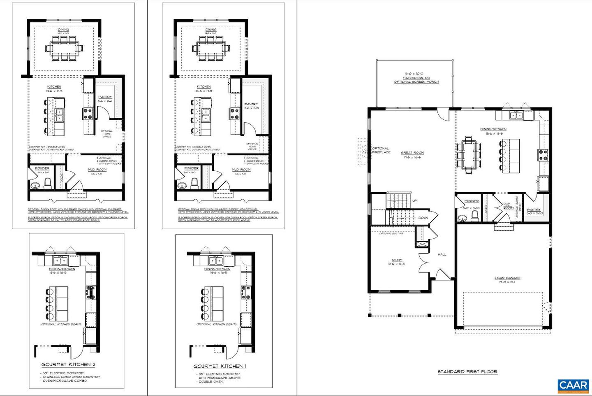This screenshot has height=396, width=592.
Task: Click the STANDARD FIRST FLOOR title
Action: (467, 372)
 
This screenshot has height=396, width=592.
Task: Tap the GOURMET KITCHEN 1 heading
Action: (220, 366)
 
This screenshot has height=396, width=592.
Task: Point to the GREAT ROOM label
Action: (412, 153)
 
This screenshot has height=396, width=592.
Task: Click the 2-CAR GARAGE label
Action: (507, 278)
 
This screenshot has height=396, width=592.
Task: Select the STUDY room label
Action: (397, 260)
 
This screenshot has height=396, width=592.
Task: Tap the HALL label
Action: (442, 254)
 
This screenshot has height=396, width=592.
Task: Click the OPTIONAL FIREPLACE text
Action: (381, 150)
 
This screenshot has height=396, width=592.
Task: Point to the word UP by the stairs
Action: (414, 200)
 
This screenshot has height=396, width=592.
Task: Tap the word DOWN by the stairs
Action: (423, 218)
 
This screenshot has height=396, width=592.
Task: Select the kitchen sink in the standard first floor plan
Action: (516, 115)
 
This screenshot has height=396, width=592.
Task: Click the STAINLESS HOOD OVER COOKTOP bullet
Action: (71, 377)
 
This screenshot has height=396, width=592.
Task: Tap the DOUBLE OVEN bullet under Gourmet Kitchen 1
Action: (211, 382)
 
